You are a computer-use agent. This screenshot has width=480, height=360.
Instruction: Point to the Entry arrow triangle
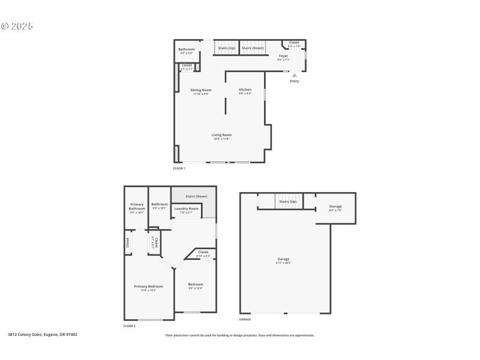[x=294, y=76]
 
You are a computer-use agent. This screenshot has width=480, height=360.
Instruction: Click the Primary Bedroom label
[x=148, y=287]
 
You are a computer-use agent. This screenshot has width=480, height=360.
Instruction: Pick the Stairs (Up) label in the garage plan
[x=288, y=202]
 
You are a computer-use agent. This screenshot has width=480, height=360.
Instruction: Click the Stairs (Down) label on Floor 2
[x=196, y=196]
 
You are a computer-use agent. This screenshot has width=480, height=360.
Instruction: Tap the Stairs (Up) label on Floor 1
[x=226, y=47]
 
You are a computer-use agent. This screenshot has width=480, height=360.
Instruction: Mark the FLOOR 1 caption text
[x=179, y=169]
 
